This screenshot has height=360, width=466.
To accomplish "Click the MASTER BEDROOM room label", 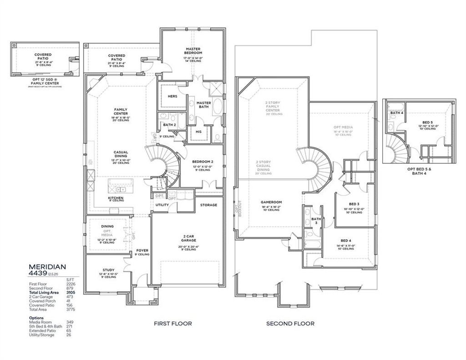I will point(193,51).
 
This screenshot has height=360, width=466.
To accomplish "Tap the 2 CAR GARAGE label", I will point(187,238).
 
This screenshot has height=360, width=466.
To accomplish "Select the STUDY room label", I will point(108,270).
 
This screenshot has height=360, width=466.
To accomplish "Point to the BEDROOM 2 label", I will point(201,162).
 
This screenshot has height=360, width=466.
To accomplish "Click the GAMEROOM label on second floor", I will point(272,202).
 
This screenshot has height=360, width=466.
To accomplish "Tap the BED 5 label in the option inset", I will point(427,122).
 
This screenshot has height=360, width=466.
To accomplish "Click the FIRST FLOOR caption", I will point(173,324).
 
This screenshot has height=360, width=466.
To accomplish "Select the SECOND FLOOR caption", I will point(290,324).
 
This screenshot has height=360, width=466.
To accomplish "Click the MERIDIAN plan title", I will point(48,266).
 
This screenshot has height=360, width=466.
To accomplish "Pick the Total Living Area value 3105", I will point(70,292).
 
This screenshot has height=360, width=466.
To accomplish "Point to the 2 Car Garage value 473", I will point(70,296).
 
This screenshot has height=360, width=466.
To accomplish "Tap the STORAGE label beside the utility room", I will point(208,205).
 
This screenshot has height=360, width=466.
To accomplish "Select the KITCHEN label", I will point(116,198).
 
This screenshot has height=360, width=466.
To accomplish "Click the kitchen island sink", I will point(121,189).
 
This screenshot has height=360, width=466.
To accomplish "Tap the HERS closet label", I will point(172,96).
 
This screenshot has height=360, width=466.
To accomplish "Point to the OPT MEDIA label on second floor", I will point(344,127).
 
